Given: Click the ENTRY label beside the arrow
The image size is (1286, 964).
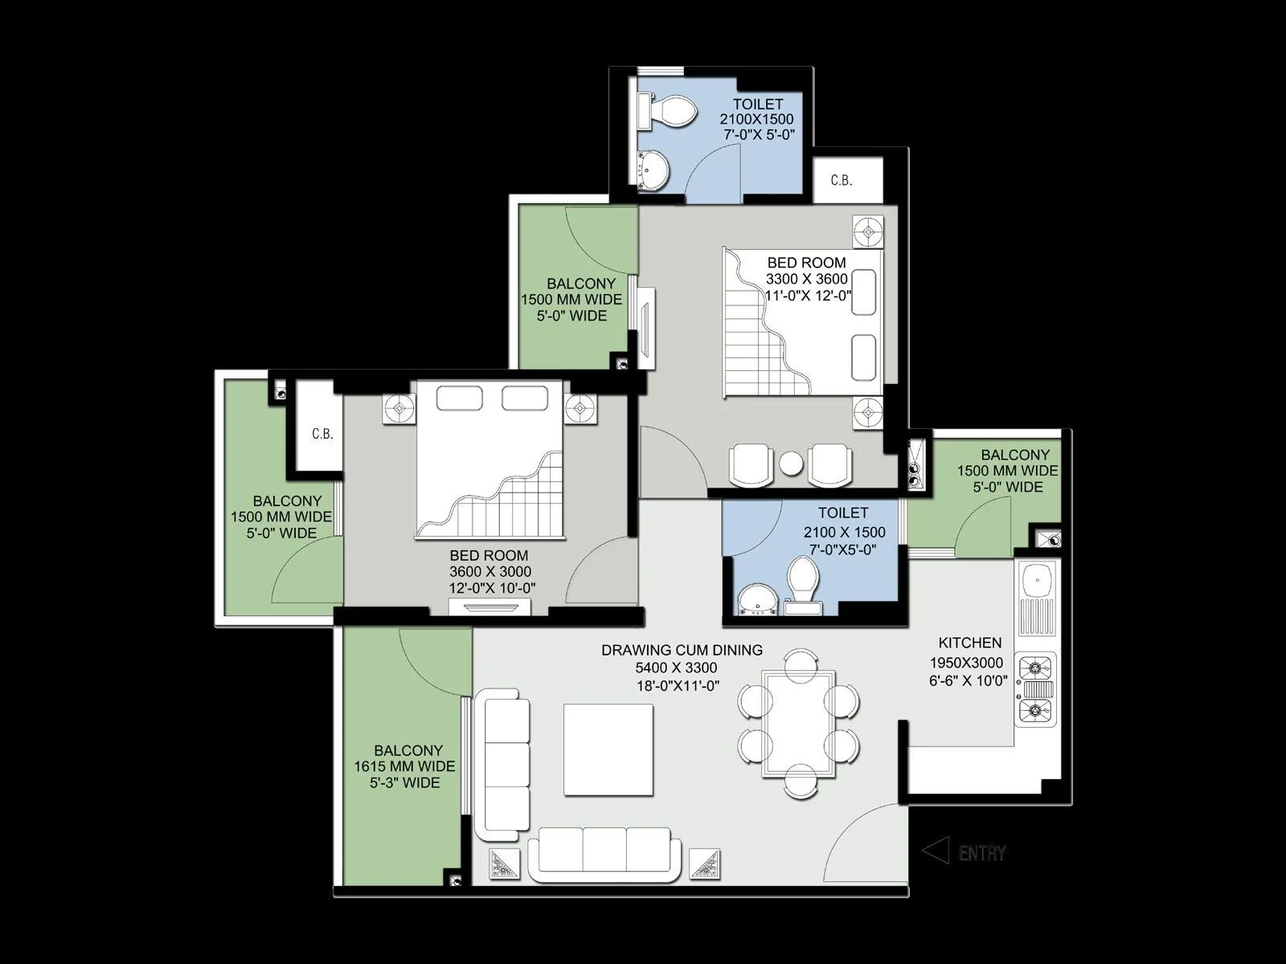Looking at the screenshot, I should (982, 853).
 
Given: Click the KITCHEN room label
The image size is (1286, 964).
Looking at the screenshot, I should (970, 643).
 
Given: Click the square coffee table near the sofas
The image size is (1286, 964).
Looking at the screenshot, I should (608, 750).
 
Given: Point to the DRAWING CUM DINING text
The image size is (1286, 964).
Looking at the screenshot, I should (682, 650).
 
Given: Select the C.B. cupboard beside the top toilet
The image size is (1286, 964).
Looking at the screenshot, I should (842, 180).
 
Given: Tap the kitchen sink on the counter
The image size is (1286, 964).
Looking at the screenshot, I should (1036, 579).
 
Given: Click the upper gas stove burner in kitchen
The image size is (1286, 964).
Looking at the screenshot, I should (1036, 666).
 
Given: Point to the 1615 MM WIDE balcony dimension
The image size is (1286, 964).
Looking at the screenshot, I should (404, 766).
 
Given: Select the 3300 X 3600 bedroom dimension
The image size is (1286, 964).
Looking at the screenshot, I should (806, 279).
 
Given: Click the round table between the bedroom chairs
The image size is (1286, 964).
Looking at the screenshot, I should (792, 464).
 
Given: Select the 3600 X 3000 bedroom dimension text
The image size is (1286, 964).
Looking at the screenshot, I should (490, 571).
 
